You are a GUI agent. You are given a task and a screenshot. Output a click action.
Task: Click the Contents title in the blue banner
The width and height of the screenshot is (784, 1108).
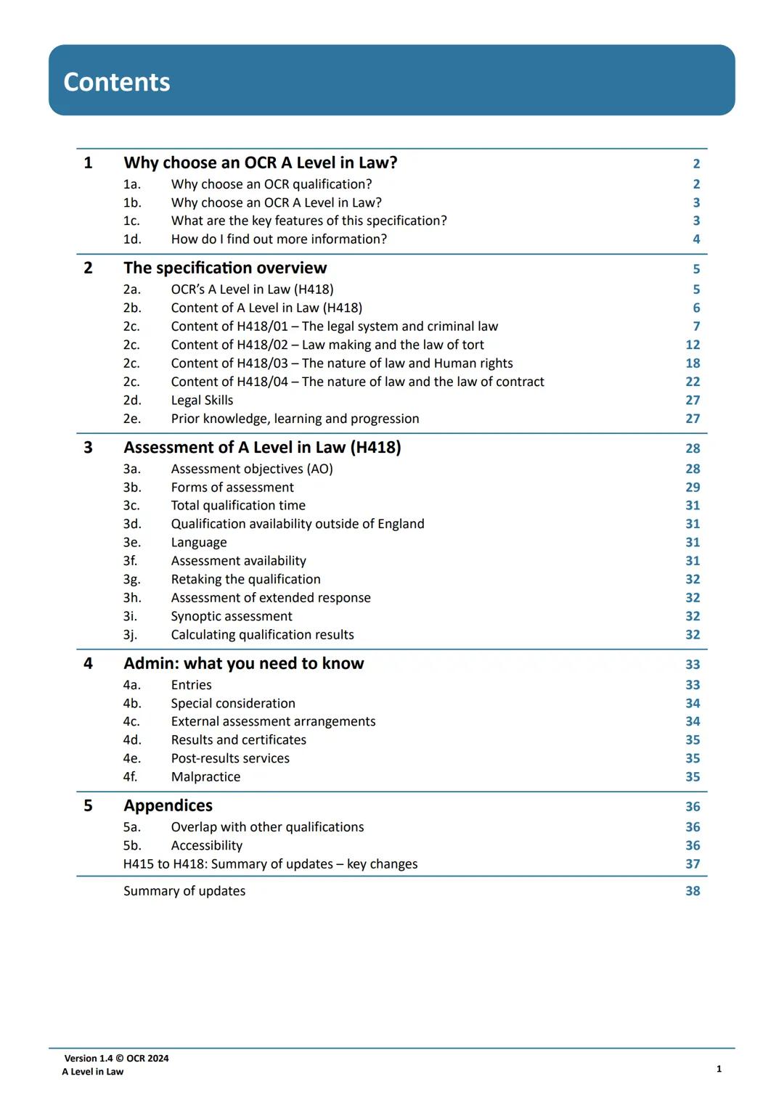click(117, 82)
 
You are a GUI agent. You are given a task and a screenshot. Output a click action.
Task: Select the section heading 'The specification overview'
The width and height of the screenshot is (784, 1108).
click(225, 268)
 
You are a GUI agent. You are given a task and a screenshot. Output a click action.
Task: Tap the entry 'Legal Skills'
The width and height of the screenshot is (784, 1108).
click(202, 400)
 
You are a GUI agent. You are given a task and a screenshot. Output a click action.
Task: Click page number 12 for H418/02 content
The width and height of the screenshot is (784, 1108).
click(693, 345)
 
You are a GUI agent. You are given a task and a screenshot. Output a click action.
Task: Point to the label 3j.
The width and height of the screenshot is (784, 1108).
click(130, 634)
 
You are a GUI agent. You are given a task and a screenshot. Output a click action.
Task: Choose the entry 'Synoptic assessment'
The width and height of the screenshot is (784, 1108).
click(232, 616)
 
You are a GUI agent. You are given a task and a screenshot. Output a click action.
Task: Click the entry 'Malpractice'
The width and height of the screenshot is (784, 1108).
click(205, 776)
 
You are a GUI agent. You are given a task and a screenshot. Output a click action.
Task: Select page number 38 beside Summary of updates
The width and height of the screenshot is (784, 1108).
click(693, 890)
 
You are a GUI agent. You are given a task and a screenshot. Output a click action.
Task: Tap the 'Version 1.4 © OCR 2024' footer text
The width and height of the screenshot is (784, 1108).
click(116, 1058)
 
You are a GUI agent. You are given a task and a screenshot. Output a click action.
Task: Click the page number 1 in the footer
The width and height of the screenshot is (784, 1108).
click(719, 1068)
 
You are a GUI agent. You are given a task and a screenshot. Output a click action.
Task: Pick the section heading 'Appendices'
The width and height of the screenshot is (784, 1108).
click(168, 805)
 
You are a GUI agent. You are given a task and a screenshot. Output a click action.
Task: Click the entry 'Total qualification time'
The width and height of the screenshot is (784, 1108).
click(238, 505)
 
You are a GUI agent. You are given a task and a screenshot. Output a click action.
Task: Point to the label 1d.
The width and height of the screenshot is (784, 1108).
click(131, 239)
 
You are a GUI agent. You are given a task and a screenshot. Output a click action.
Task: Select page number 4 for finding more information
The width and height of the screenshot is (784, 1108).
click(696, 239)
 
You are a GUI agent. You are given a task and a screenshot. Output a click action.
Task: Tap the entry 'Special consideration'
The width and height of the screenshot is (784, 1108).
click(233, 703)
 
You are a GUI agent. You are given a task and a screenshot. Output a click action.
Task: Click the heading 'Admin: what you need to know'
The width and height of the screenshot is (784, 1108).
click(244, 663)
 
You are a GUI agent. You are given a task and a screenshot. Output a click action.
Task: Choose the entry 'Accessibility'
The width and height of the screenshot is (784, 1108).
click(207, 845)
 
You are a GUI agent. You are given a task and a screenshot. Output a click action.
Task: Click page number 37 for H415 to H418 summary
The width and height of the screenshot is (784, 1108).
click(693, 863)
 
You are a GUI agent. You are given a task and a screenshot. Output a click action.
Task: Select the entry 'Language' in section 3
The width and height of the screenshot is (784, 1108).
click(199, 542)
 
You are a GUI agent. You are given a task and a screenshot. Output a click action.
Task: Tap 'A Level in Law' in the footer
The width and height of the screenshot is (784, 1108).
click(93, 1072)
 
